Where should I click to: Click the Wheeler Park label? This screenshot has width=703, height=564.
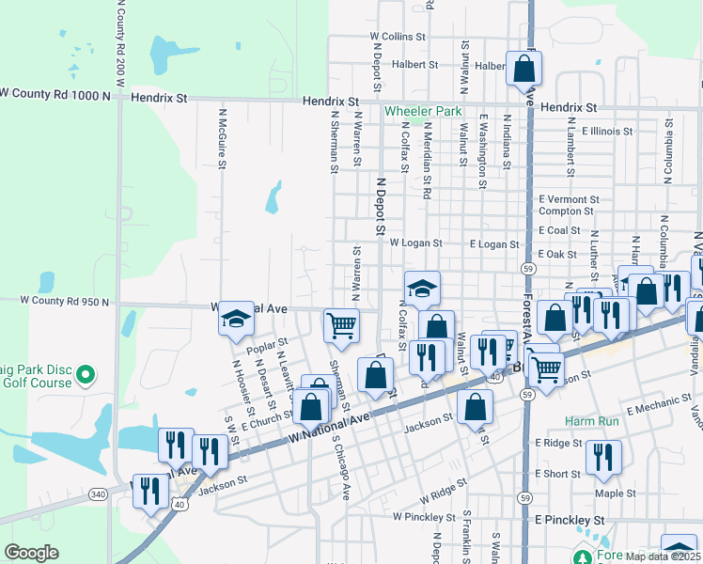pos(423,111)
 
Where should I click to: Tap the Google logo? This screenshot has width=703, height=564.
pos(31,553)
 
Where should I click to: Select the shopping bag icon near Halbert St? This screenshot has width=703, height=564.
pos(523,69)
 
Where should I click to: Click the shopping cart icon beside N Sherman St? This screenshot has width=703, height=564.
pos(341,325)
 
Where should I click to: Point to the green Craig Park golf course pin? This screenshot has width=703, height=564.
pos(86,376)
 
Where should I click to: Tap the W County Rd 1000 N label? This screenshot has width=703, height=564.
pos(55,93)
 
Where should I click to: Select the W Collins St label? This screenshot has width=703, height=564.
pos(398,37)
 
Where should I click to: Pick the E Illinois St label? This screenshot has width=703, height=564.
pos(606,132)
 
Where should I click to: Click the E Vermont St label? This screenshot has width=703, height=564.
pos(569,199)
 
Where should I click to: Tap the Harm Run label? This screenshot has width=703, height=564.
pos(592,421)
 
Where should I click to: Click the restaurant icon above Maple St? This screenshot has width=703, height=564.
pos(602,457)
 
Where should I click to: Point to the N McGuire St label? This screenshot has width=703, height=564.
pos(223,137)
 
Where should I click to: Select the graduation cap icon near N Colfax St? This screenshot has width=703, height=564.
pos(423,288)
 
